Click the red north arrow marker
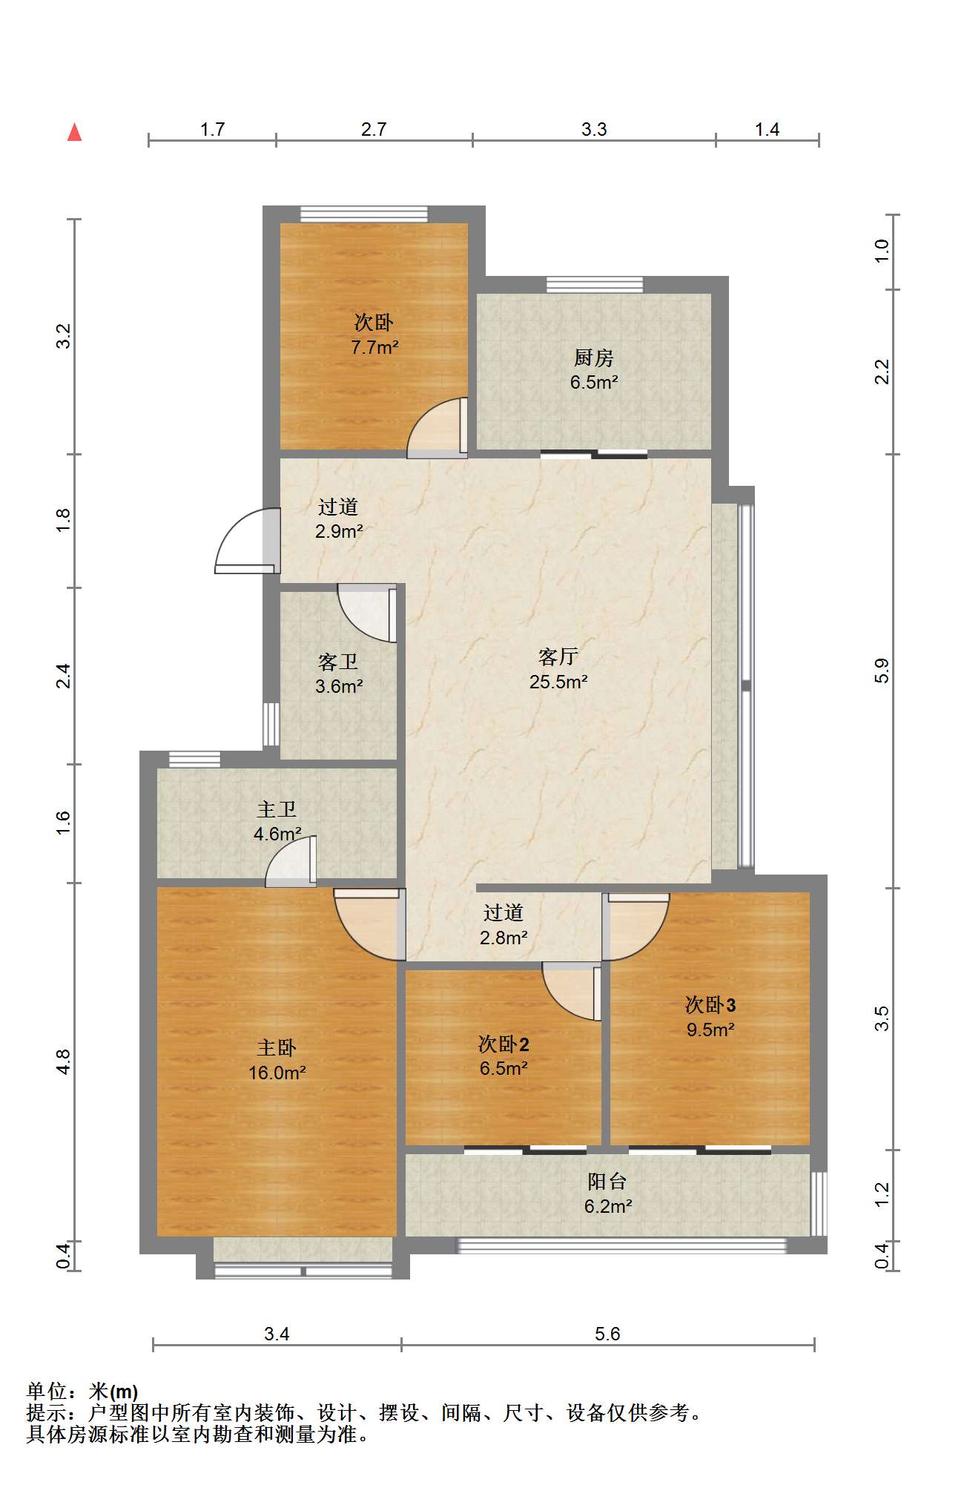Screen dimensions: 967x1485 pos(74,132)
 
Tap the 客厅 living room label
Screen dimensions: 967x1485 pos(558,656)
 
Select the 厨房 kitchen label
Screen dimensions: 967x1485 pos(594,358)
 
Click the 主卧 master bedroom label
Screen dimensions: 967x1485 pos(277,1047)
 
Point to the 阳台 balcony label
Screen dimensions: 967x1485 pos(607,1181)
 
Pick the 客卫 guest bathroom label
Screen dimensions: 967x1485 pos(338,661)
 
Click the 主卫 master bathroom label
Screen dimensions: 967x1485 pos(277,809)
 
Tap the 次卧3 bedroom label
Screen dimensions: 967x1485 pos(710,1004)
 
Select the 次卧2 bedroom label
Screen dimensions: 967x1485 pos(504,1044)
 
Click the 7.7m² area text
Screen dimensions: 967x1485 pos(375,347)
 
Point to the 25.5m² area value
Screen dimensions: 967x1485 pos(558,681)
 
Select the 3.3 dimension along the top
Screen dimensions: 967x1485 pos(594,130)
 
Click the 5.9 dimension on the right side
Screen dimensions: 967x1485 pos(881,671)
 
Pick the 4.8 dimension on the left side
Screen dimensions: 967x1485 pos(64,1061)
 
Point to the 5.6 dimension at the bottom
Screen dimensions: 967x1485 pos(607,1334)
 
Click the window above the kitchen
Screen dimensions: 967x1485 pos(595,285)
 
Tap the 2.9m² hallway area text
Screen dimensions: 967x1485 pos(339,531)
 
